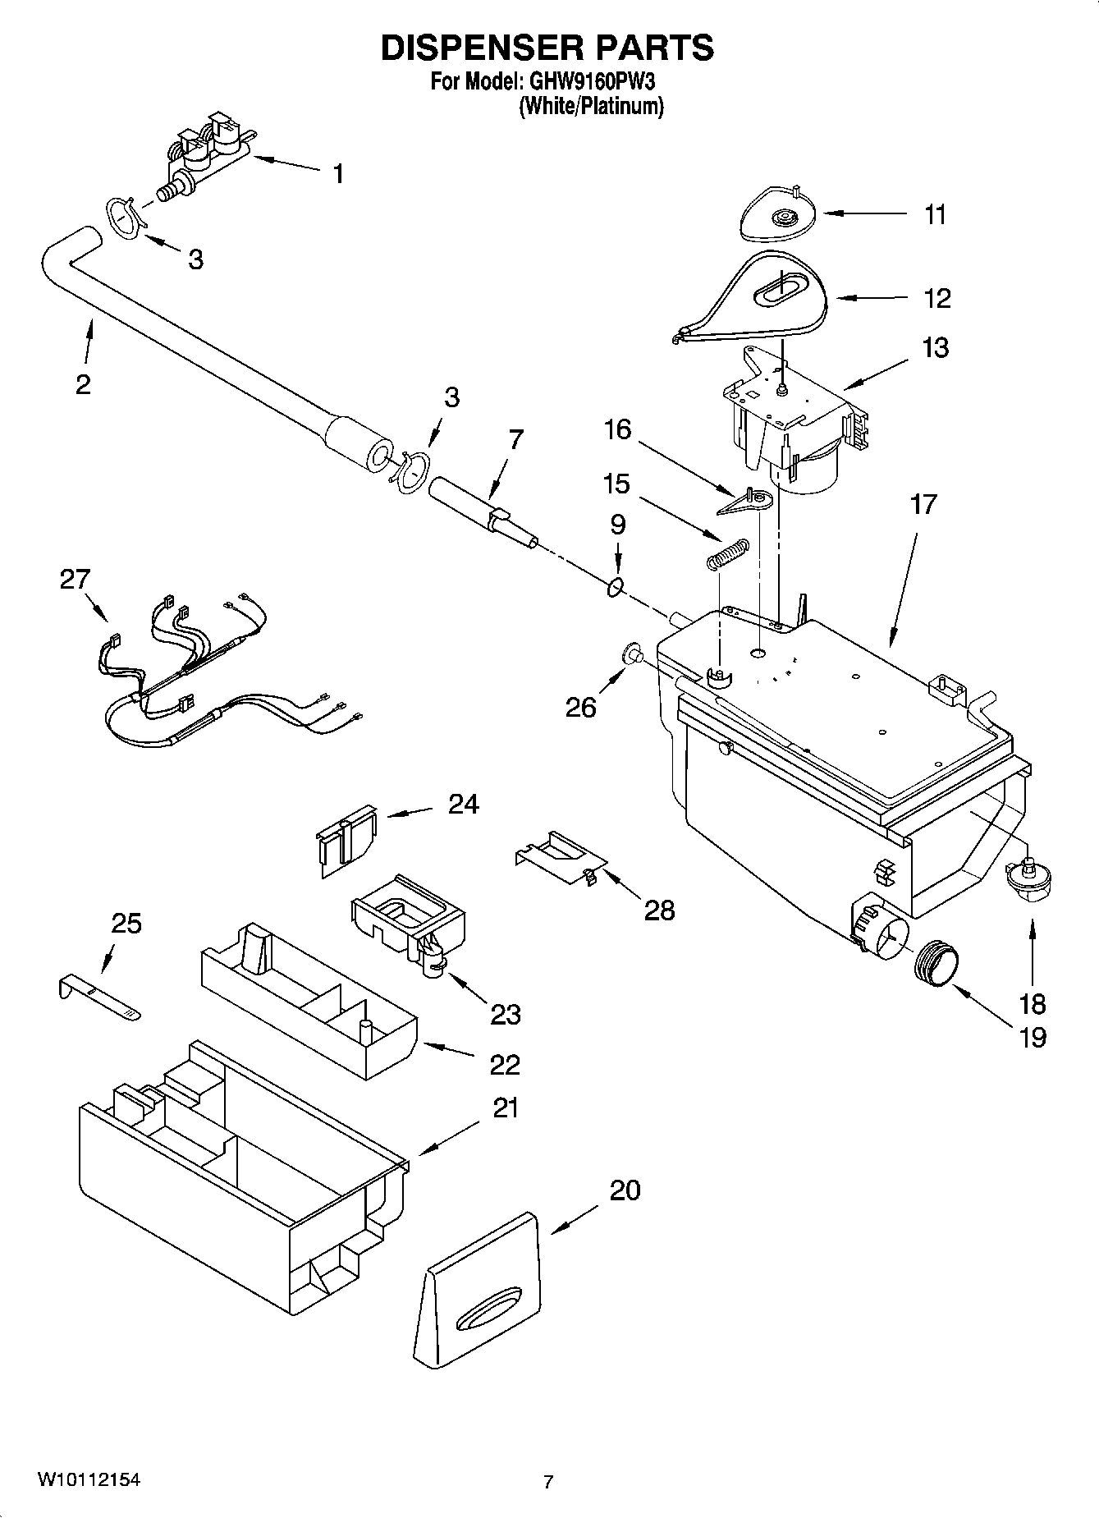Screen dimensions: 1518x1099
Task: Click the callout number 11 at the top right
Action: click(936, 214)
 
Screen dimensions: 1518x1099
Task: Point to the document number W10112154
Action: click(88, 1479)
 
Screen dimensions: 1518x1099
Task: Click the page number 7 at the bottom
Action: click(548, 1482)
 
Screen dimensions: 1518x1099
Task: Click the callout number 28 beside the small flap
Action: click(659, 909)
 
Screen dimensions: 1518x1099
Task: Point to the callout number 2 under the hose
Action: click(83, 383)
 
